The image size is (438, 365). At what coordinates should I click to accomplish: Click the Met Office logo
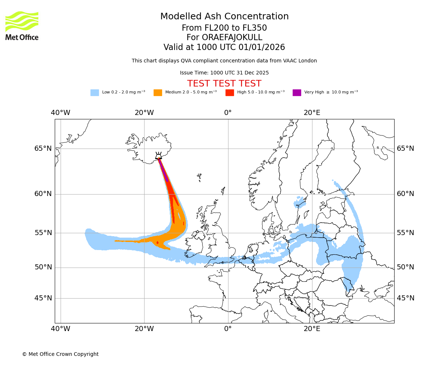point(22,26)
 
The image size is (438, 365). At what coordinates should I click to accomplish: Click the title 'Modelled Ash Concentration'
point(224,17)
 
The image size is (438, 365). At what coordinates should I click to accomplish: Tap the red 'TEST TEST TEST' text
point(224,84)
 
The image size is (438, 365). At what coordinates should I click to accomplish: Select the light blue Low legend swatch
point(95,93)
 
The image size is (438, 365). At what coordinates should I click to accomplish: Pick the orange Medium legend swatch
point(158,93)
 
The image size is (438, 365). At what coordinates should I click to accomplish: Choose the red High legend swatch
point(230,93)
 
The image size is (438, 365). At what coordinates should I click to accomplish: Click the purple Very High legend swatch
point(297,93)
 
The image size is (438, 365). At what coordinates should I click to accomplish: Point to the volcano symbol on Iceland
point(158,156)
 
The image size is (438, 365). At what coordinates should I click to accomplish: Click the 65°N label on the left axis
point(43,149)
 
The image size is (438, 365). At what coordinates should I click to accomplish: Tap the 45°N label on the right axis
point(406,298)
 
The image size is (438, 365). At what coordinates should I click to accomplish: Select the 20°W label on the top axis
point(144,113)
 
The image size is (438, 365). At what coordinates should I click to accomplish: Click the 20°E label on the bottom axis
point(312,329)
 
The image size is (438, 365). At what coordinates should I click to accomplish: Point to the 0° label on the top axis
point(228,113)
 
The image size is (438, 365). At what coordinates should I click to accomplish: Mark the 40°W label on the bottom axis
point(61,329)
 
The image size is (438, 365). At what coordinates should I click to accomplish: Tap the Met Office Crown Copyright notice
point(60,354)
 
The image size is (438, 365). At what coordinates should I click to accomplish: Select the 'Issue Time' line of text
point(224,73)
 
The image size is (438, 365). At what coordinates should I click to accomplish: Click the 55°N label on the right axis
point(406,233)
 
